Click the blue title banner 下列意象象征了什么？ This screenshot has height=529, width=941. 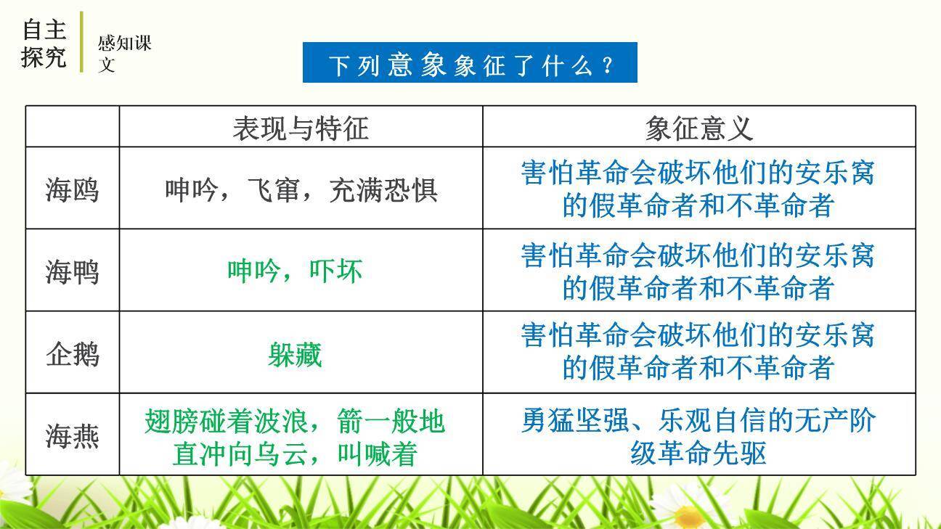pyautogui.click(x=470, y=63)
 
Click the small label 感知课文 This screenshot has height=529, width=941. pyautogui.click(x=124, y=54)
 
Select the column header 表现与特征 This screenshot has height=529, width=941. pyautogui.click(x=301, y=128)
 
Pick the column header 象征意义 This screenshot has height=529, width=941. pyautogui.click(x=698, y=128)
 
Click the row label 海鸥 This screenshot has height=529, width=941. pyautogui.click(x=72, y=189)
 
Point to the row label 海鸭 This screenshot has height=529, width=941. pyautogui.click(x=72, y=271)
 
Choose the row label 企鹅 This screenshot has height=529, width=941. pyautogui.click(x=72, y=354)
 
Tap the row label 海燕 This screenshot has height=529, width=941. pyautogui.click(x=72, y=436)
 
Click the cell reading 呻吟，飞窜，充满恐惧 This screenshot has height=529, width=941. pyautogui.click(x=301, y=189)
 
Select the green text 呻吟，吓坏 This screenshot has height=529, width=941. pyautogui.click(x=295, y=271)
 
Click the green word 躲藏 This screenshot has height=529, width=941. pyautogui.click(x=295, y=355)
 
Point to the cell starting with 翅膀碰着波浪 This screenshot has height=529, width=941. pyautogui.click(x=295, y=438)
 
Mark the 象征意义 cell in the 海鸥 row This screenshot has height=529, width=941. pyautogui.click(x=698, y=189)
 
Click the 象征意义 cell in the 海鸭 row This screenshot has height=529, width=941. pyautogui.click(x=698, y=271)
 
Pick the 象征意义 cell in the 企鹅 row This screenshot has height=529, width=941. pyautogui.click(x=698, y=352)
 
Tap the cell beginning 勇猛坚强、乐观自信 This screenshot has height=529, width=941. pyautogui.click(x=698, y=436)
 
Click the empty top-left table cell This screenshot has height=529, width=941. pyautogui.click(x=72, y=127)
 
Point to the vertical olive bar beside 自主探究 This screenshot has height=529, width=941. pyautogui.click(x=81, y=42)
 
